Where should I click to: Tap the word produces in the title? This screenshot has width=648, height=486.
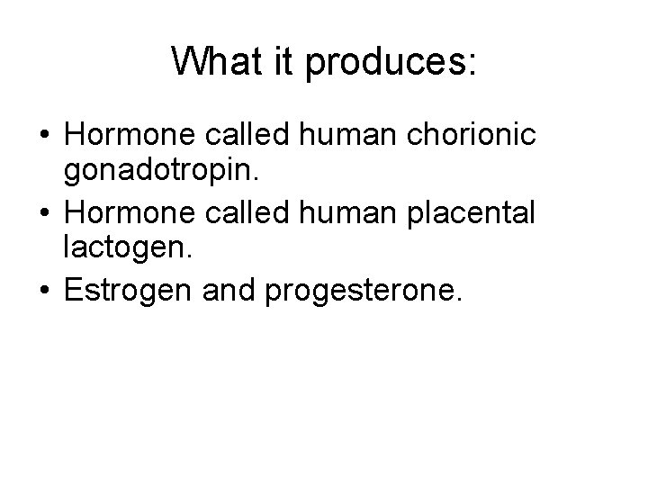point(390,63)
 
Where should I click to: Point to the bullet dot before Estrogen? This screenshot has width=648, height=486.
point(43,292)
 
